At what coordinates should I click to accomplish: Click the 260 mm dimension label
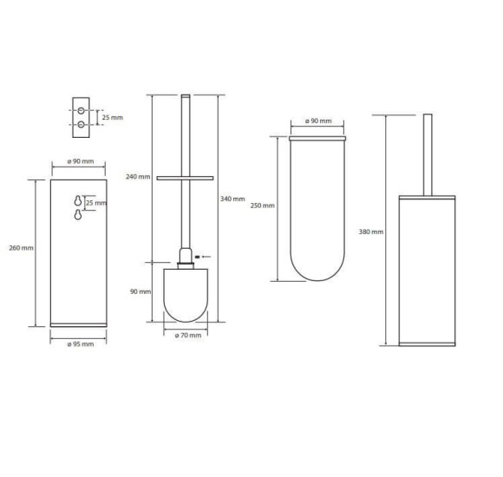click(x=21, y=248)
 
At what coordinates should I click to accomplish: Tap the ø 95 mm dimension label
click(x=81, y=344)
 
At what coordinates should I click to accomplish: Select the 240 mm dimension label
click(x=138, y=177)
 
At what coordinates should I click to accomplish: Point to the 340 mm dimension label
click(x=232, y=199)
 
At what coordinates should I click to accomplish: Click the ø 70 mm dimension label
click(x=188, y=336)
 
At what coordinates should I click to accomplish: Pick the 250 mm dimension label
click(x=263, y=206)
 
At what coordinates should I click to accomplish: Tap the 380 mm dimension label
click(x=371, y=232)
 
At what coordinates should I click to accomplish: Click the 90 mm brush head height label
click(x=140, y=292)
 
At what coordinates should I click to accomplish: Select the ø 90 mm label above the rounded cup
click(x=318, y=121)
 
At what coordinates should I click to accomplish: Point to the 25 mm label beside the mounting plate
click(x=113, y=118)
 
